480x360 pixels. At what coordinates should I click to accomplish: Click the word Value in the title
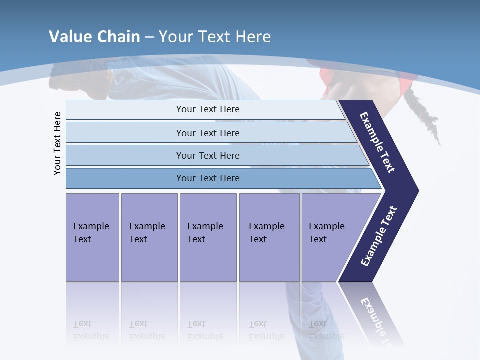68,36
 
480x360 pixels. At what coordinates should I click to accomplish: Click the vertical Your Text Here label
57,143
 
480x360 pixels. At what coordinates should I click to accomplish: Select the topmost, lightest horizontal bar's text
208,109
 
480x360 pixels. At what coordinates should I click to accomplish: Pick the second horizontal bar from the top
208,133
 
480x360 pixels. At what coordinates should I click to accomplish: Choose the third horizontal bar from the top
208,155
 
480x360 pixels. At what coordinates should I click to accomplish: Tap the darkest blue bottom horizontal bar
208,178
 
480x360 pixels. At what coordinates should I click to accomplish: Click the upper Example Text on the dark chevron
378,142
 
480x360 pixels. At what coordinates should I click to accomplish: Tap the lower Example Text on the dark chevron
379,236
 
